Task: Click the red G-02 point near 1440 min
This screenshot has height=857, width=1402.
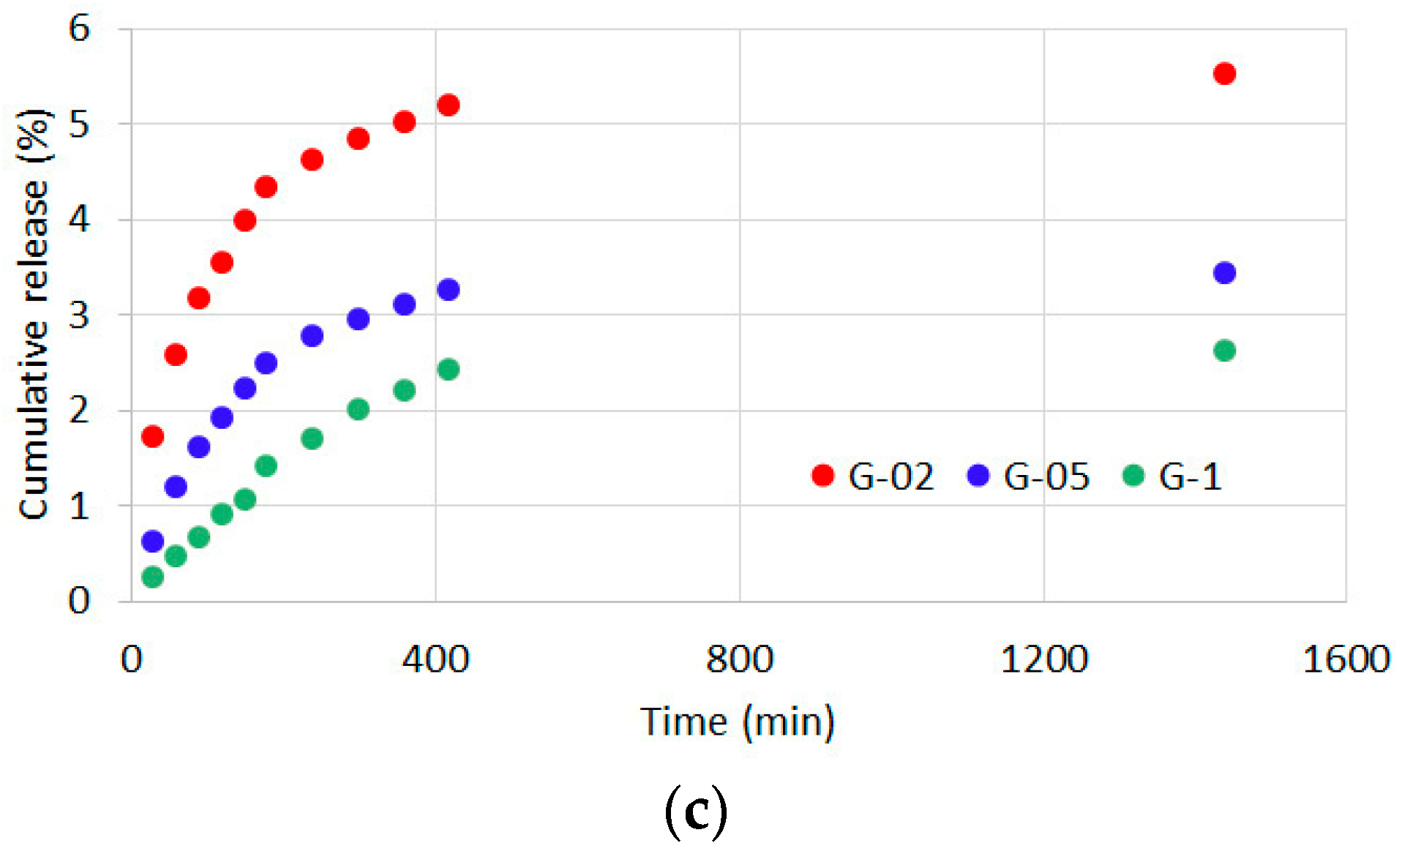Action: [1224, 73]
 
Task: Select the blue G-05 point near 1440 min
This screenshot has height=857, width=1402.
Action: [1224, 273]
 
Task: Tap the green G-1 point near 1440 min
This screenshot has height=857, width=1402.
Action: [1224, 351]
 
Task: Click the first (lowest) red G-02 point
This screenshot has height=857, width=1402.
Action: [152, 437]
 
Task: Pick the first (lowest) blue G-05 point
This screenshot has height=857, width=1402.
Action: [152, 542]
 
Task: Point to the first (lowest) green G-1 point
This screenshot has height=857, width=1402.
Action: [152, 577]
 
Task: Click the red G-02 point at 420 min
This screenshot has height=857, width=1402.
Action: [448, 105]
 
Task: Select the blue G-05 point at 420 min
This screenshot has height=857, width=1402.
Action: [448, 290]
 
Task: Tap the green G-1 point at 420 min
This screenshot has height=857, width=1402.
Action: [448, 370]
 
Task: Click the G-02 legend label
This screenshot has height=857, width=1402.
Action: [891, 477]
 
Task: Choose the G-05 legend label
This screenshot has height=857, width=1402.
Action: [1046, 477]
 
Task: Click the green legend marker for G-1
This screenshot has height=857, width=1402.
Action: [1133, 476]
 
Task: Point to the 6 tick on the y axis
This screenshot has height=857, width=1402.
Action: [79, 29]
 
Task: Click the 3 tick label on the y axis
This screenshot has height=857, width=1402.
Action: [79, 315]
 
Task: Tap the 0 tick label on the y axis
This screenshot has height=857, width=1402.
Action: [79, 601]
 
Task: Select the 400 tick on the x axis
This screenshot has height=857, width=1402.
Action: [435, 659]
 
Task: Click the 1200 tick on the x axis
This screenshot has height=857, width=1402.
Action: [1043, 659]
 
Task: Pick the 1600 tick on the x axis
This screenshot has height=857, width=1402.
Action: [1346, 659]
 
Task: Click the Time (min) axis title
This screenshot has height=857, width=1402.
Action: [738, 722]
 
